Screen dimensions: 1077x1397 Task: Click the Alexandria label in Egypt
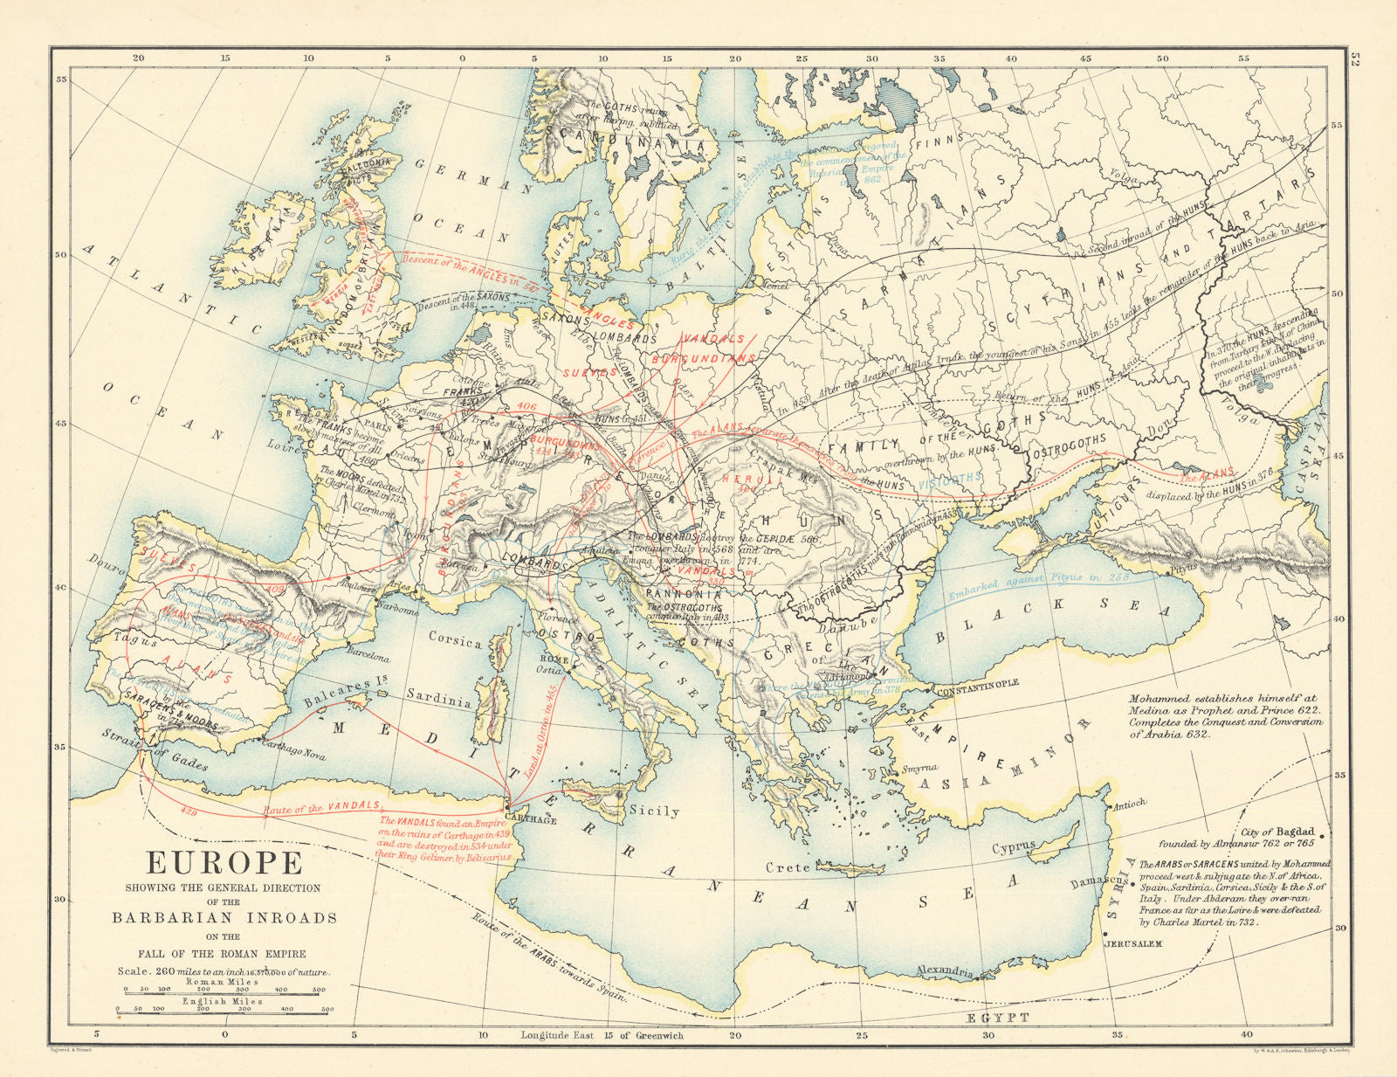(944, 970)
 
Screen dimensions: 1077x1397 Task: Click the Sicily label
(655, 811)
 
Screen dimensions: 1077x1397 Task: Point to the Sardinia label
(439, 700)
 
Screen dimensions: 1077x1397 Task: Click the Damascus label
(1093, 884)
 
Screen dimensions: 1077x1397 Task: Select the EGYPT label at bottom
(997, 1018)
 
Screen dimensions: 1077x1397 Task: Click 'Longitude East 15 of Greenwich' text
(602, 1035)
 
